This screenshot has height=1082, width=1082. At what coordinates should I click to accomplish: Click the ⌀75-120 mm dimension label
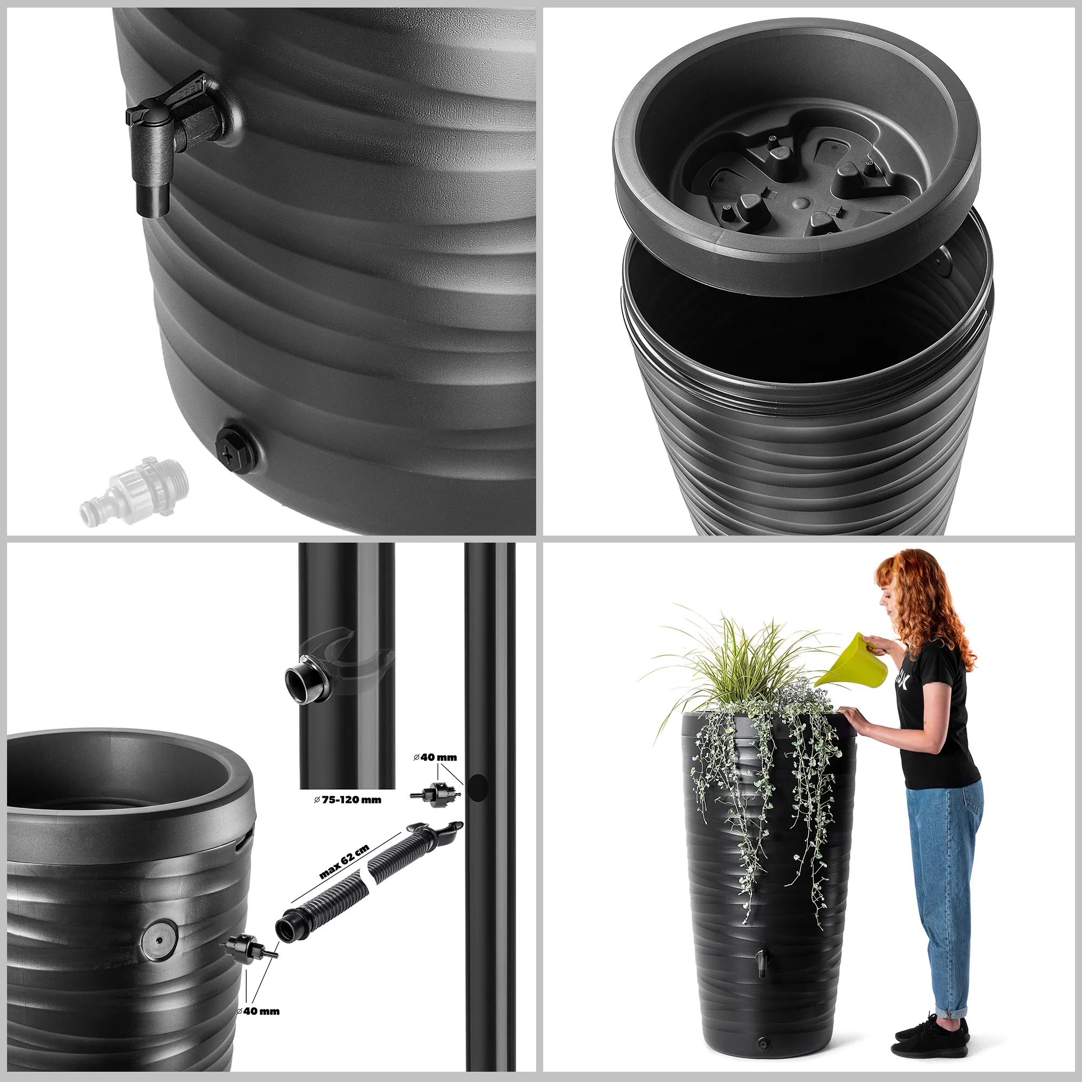tap(347, 799)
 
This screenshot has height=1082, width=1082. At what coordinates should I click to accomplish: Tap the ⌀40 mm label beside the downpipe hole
tap(435, 757)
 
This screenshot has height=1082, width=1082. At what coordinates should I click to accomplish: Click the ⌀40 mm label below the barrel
tap(258, 1011)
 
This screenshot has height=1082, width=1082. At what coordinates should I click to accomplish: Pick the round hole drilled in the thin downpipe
tap(478, 787)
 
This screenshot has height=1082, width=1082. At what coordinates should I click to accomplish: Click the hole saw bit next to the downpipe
tap(436, 793)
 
